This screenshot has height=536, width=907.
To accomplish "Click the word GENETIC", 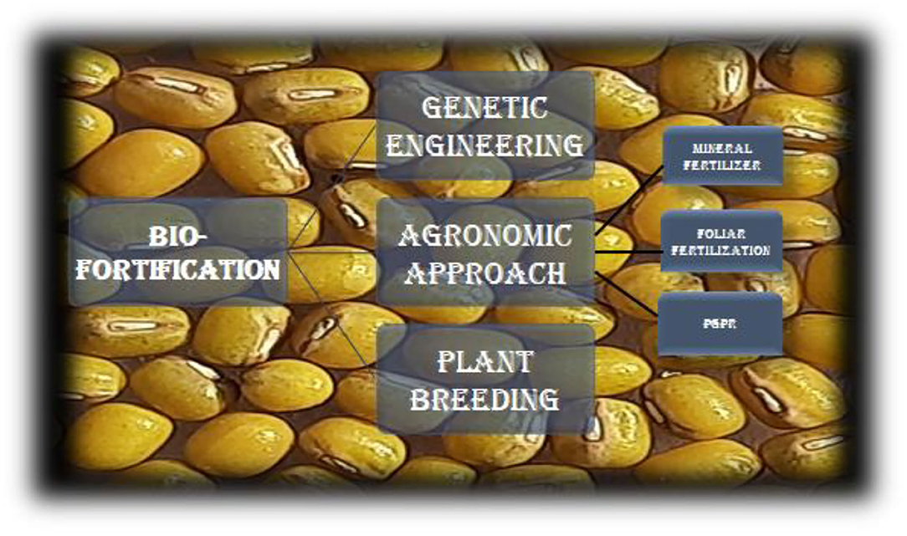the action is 484,108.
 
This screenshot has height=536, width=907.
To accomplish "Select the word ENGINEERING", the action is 484,145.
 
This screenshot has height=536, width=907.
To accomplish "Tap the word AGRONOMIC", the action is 485,235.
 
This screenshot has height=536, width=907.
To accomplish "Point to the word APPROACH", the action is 485,273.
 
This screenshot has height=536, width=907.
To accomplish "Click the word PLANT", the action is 484,363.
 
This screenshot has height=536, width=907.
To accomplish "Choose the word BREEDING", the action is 484,399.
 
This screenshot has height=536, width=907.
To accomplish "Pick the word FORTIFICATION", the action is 178,269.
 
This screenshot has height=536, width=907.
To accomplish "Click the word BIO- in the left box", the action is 178,236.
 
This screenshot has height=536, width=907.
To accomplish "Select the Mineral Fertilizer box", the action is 722,156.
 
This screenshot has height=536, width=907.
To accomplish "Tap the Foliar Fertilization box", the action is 721,241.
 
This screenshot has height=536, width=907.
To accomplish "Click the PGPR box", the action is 720,324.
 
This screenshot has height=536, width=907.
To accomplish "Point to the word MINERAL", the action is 722,148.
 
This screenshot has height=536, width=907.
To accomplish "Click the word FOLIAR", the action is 720,233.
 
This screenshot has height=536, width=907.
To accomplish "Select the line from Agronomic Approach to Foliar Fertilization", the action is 628,252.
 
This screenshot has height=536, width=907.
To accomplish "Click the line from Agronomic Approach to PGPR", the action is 627,294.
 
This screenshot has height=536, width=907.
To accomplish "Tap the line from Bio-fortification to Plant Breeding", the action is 328,310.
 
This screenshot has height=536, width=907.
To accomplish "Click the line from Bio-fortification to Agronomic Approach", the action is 332,252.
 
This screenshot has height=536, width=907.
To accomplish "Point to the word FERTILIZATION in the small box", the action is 720,250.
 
